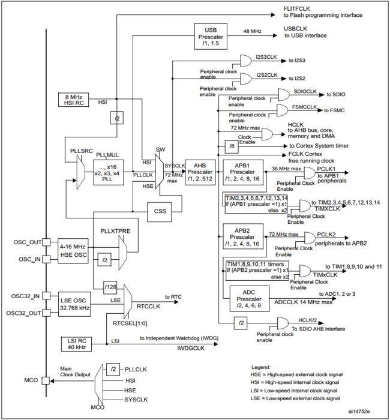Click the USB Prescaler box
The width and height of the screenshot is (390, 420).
tap(211, 37)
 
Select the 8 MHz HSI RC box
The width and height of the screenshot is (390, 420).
tap(73, 100)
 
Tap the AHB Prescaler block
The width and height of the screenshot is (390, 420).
tap(200, 172)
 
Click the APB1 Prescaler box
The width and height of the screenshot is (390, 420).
tap(243, 172)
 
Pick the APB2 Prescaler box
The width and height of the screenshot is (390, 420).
tap(243, 236)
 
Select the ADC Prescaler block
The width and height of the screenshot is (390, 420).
tap(250, 299)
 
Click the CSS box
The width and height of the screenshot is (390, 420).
tap(160, 211)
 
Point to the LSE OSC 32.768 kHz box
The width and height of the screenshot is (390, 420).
tap(74, 304)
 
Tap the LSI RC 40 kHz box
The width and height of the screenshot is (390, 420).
tap(76, 344)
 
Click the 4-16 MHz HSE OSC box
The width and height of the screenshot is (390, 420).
tap(73, 251)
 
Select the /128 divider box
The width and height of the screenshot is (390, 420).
tap(110, 287)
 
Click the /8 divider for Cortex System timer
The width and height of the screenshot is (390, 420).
tap(232, 146)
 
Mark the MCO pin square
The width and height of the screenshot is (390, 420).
tap(46, 380)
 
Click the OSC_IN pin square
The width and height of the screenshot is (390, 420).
tap(46, 259)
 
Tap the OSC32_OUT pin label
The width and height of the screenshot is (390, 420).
tap(24, 313)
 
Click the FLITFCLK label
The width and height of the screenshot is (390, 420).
tap(297, 9)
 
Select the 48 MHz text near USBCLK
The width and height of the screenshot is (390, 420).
tap(253, 31)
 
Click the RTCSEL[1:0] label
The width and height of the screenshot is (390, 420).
tap(130, 323)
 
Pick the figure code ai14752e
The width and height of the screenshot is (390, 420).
tap(359, 411)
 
